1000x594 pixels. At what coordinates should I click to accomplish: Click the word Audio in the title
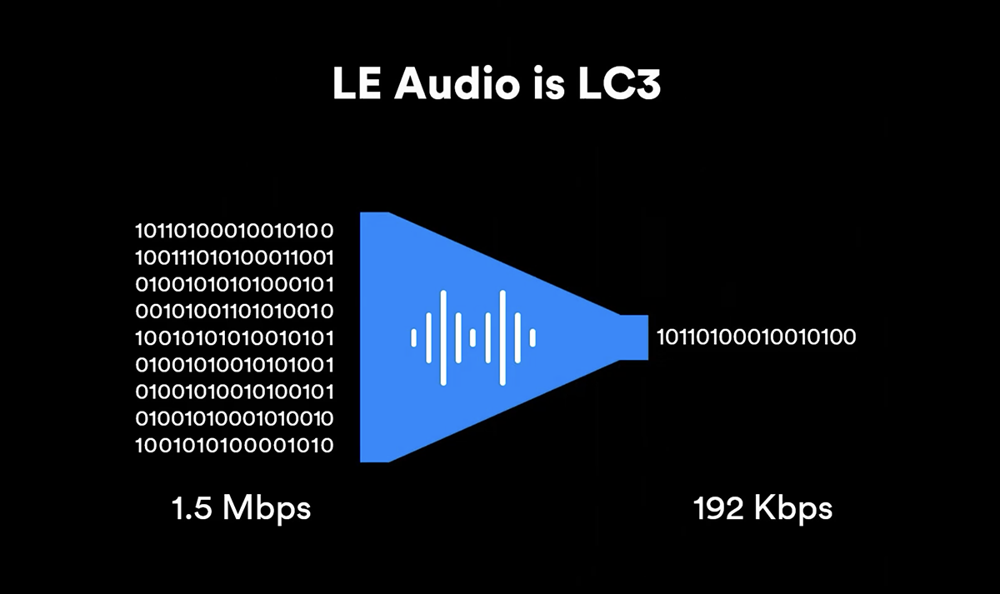[x=457, y=83]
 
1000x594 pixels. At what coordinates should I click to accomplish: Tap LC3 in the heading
[x=619, y=83]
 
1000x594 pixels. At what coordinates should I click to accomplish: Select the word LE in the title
[x=357, y=83]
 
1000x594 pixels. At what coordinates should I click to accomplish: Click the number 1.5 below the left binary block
[x=192, y=508]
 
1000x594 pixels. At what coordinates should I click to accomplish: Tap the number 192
[x=718, y=508]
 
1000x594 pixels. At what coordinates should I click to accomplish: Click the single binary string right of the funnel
[x=757, y=337]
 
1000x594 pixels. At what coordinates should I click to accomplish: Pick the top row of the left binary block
[x=234, y=231]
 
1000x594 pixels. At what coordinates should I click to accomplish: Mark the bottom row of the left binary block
[x=234, y=446]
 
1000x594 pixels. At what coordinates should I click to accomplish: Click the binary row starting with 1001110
[x=234, y=258]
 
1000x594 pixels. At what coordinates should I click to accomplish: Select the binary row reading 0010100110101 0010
[x=234, y=312]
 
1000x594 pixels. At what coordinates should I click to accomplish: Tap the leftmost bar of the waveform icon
[x=414, y=338]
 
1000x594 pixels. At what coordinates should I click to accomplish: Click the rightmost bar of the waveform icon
[x=532, y=338]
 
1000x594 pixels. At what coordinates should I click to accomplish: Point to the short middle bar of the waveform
[x=472, y=338]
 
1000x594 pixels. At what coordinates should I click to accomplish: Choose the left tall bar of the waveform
[x=443, y=338]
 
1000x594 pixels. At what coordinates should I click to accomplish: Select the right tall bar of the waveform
[x=502, y=338]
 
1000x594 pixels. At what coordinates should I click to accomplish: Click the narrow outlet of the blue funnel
[x=634, y=337]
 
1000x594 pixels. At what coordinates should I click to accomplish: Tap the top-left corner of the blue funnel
[x=361, y=213]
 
